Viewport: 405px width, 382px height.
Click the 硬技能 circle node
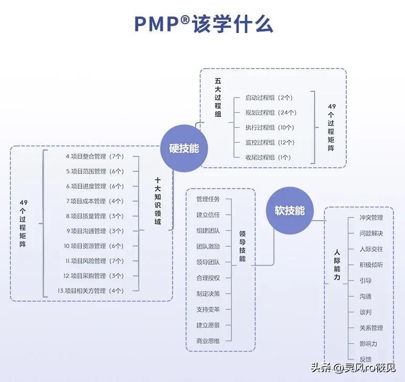pyautogui.click(x=184, y=148)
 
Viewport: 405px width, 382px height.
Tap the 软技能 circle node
pyautogui.click(x=290, y=211)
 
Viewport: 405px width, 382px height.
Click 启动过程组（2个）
pyautogui.click(x=269, y=97)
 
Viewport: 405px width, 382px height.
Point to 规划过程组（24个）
pyautogui.click(x=271, y=112)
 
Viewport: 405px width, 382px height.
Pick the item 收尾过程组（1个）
pyautogui.click(x=268, y=157)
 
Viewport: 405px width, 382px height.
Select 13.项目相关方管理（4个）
pyautogui.click(x=91, y=290)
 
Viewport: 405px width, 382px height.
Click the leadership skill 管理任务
pyautogui.click(x=208, y=199)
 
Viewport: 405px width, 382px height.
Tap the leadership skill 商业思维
pyautogui.click(x=208, y=341)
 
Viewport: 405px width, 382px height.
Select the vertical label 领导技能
pyautogui.click(x=242, y=247)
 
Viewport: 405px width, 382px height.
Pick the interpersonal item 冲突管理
pyautogui.click(x=371, y=217)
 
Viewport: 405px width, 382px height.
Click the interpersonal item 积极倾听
pyautogui.click(x=371, y=265)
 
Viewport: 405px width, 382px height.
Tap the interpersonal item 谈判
pyautogui.click(x=366, y=312)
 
